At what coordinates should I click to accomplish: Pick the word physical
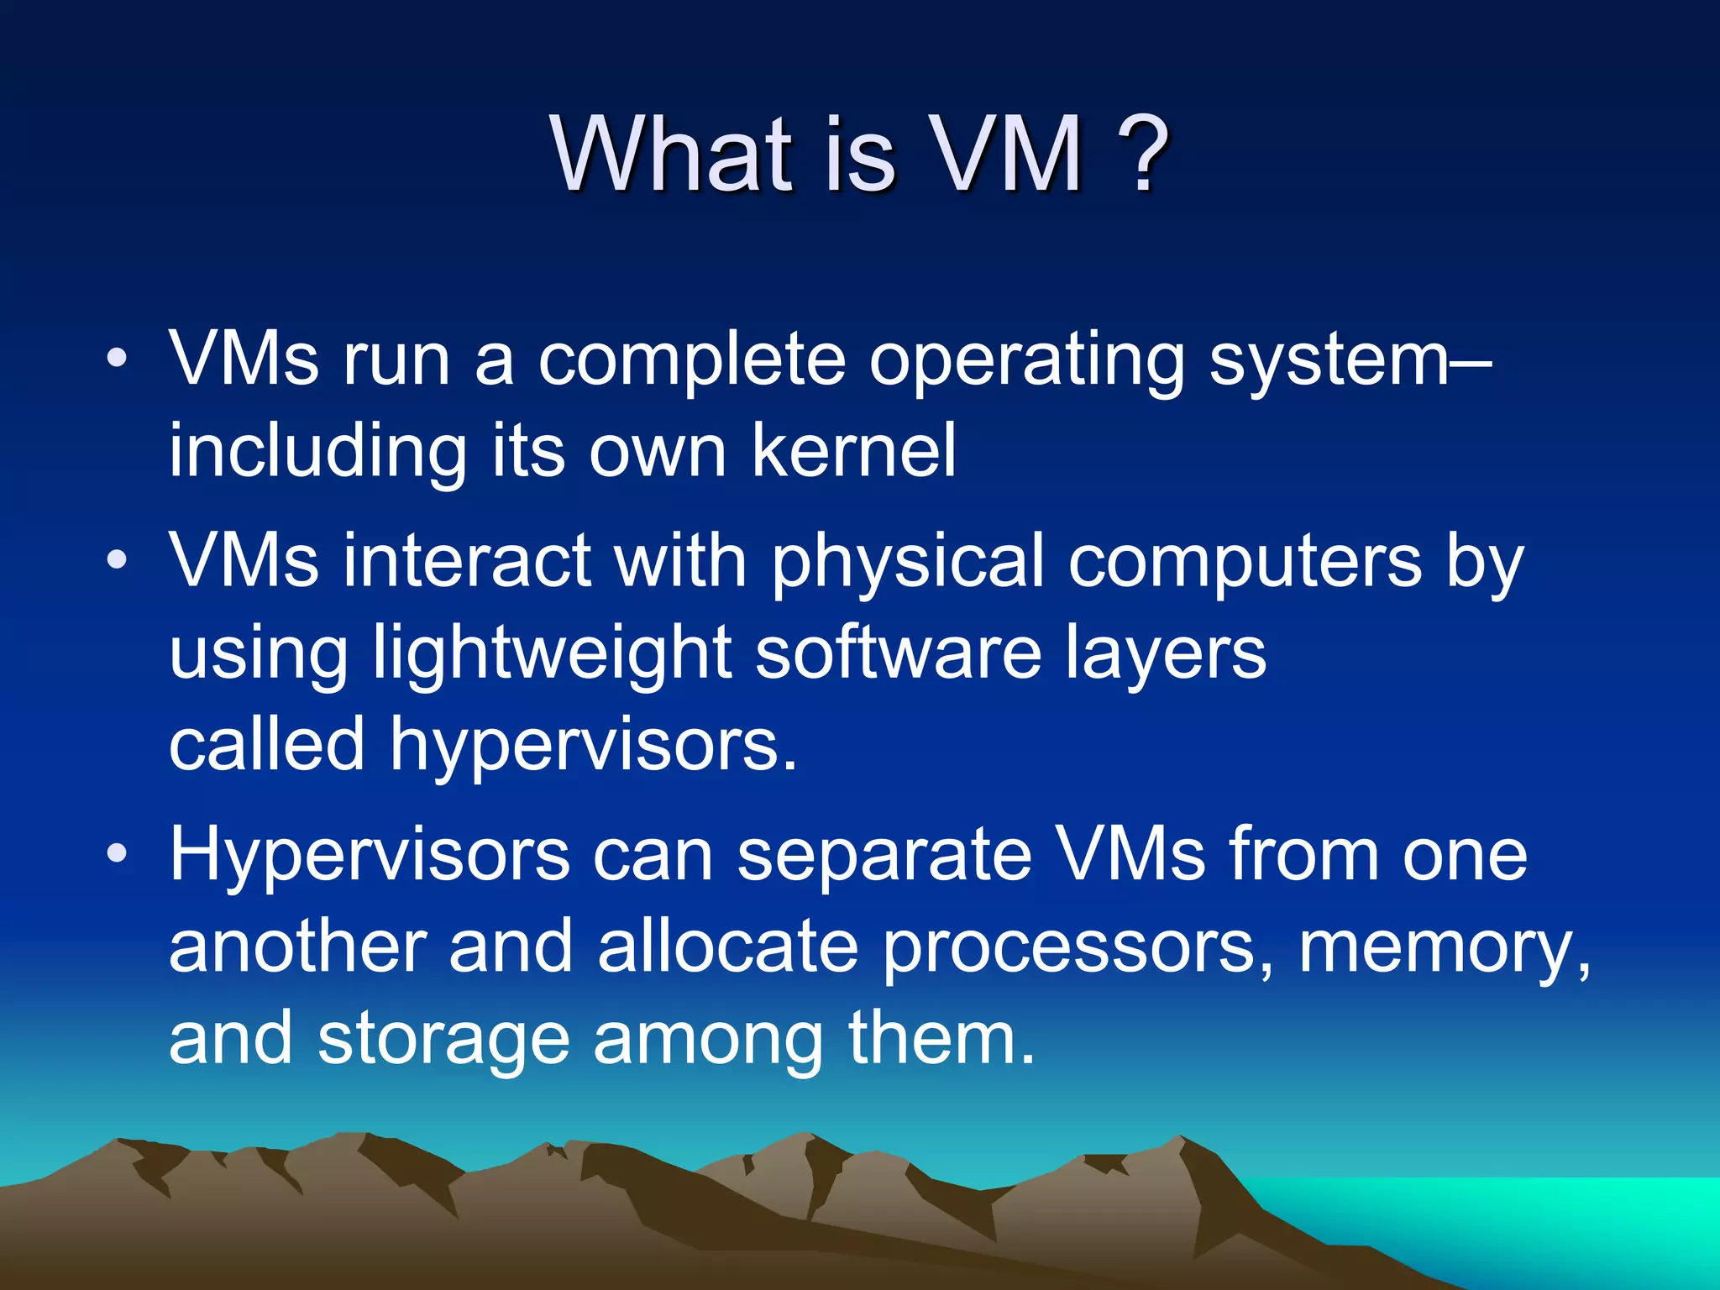(x=908, y=561)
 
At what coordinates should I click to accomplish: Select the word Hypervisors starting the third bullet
(x=370, y=855)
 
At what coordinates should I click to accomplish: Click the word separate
(x=884, y=855)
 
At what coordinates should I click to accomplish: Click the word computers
(x=1245, y=561)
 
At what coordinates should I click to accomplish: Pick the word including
(x=317, y=452)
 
